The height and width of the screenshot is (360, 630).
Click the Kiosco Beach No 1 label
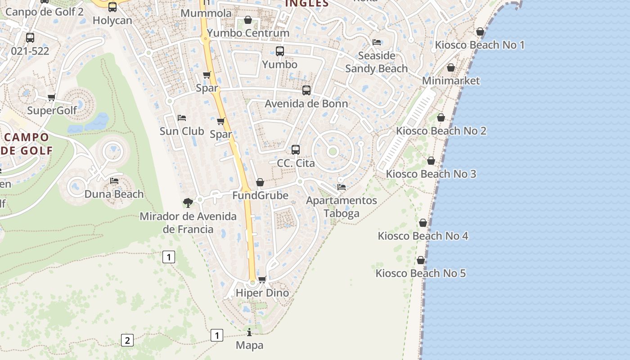[480, 45]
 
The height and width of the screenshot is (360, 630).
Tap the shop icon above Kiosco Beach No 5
[421, 260]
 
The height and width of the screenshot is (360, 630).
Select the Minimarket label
[451, 81]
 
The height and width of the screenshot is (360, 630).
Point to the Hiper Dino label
[262, 293]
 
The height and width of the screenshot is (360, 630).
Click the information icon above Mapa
[249, 332]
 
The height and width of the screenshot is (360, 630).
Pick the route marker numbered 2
[127, 340]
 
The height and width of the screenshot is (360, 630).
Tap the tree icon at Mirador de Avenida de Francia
[188, 202]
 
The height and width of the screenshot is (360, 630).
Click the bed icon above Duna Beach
[114, 181]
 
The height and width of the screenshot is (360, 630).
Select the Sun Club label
[182, 131]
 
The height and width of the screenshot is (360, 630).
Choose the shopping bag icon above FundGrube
[260, 182]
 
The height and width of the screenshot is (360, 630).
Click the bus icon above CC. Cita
[296, 149]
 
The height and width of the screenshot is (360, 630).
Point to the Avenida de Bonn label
[306, 104]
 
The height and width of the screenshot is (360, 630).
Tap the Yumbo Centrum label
[248, 33]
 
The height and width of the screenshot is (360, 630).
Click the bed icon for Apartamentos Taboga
[342, 187]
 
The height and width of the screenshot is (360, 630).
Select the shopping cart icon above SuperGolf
[52, 97]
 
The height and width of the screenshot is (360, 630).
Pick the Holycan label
[112, 21]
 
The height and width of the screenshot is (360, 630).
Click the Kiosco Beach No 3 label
[431, 174]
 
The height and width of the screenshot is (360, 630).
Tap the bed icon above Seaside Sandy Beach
[377, 42]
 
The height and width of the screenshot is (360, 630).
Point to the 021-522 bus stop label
[30, 51]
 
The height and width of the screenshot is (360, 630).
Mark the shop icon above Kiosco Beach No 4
[423, 223]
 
